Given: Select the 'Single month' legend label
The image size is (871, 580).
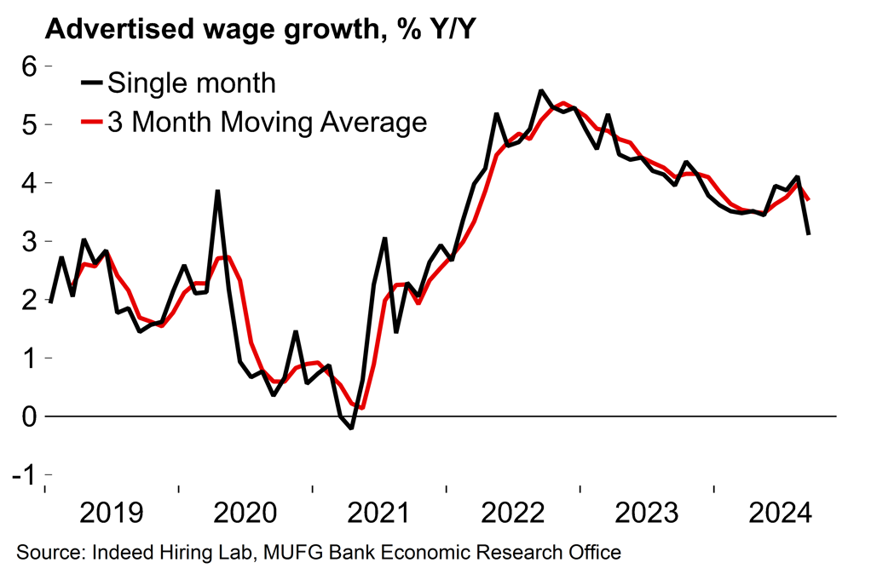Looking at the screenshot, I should point(192,83).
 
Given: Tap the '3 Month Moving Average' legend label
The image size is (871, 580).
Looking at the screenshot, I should point(267,122).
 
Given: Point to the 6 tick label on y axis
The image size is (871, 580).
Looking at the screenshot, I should point(32,66).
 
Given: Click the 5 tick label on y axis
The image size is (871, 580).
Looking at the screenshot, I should point(32,124).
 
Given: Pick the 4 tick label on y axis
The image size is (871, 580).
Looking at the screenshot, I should point(32,183).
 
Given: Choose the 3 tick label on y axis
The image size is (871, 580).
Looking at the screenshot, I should point(32,241).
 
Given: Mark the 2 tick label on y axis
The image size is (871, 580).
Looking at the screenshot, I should point(32,300).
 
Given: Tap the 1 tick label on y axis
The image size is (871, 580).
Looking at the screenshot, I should point(32,358).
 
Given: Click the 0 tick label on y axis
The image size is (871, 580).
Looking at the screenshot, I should point(32,416).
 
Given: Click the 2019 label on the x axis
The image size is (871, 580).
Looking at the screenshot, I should point(112,514).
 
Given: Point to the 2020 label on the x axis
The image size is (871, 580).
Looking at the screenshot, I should point(246,514).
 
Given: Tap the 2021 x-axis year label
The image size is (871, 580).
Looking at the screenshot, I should point(380,514).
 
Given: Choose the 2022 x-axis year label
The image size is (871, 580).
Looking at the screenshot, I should point(515,514).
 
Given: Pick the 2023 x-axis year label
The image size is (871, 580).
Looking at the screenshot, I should point(649,514).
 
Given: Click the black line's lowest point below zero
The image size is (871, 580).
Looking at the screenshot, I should point(351,428).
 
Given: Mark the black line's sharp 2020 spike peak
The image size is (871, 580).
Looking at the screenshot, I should point(217,191).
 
